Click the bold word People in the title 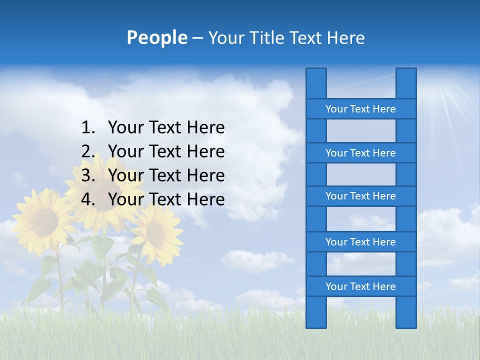[156, 37]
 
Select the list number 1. [88, 128]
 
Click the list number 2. [88, 151]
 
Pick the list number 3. [88, 175]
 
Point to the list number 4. [88, 199]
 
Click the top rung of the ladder [360, 109]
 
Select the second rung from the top [360, 153]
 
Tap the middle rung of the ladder [360, 196]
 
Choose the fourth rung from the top [360, 242]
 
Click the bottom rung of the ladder [360, 286]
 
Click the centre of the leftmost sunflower [45, 220]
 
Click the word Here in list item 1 [205, 128]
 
